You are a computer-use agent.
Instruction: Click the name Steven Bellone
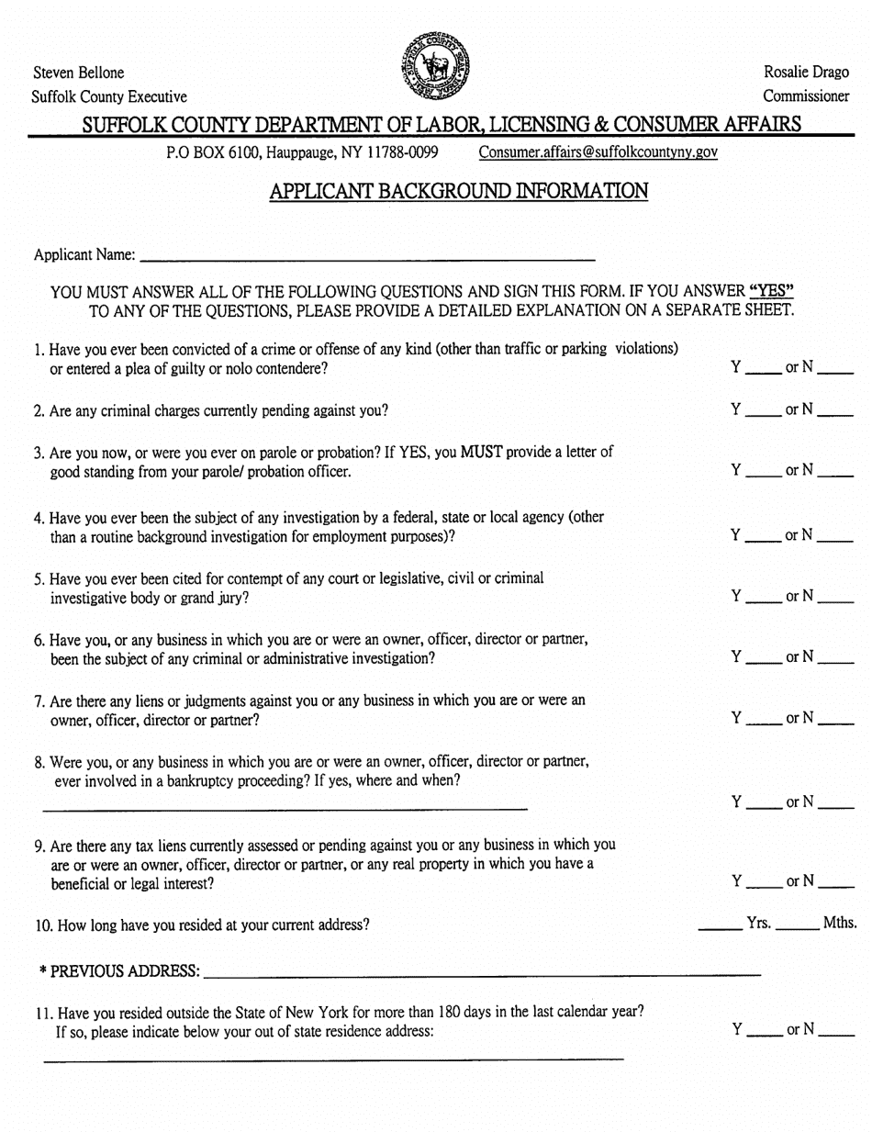pos(79,73)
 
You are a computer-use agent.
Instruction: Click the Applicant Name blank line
pos(367,254)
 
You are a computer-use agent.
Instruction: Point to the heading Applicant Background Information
pos(459,191)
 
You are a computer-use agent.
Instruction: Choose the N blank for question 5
pos(835,598)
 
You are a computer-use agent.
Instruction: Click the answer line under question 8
pos(285,807)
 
